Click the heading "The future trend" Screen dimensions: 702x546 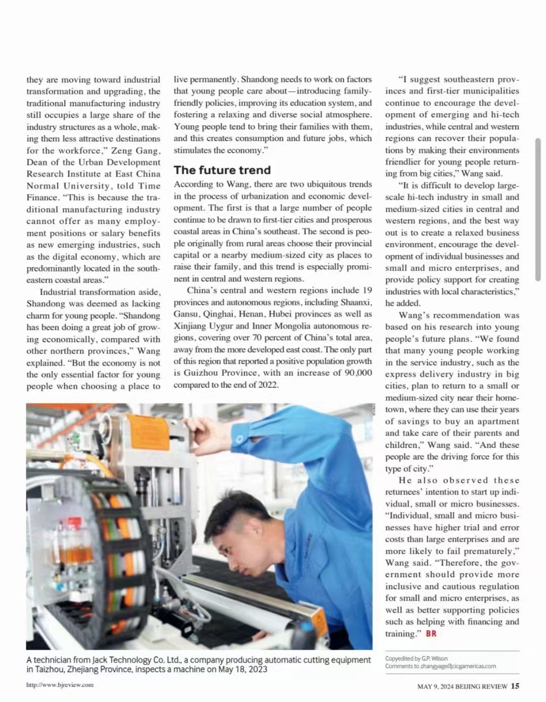coord(222,170)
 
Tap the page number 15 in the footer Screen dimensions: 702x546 coord(515,686)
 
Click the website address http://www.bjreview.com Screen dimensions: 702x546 coord(60,685)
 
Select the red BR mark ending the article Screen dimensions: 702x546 coord(431,634)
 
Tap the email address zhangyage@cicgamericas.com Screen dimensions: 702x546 coord(452,666)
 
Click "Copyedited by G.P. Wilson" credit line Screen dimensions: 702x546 coord(416,659)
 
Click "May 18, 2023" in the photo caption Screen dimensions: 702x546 coord(243,670)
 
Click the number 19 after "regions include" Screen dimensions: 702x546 coord(367,290)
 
